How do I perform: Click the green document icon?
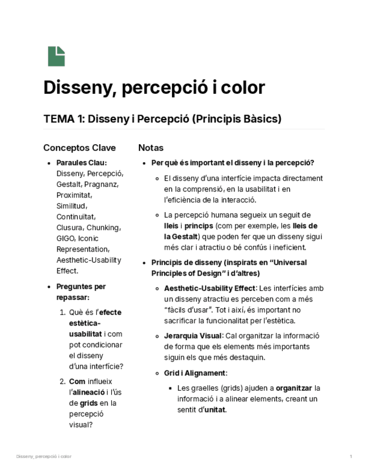click(56, 56)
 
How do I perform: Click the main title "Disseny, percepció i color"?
click(154, 88)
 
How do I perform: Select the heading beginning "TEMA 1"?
click(162, 120)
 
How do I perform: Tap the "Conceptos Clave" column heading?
click(79, 148)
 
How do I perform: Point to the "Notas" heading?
click(151, 148)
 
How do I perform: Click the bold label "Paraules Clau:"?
click(81, 163)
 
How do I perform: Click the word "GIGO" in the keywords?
click(65, 238)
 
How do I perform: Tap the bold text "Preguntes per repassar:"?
click(81, 292)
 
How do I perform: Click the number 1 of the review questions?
click(63, 313)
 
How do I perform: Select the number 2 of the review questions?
click(63, 382)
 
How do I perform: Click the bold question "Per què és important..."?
click(233, 163)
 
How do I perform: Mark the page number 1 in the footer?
click(351, 456)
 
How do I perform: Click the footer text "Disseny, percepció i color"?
click(44, 456)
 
